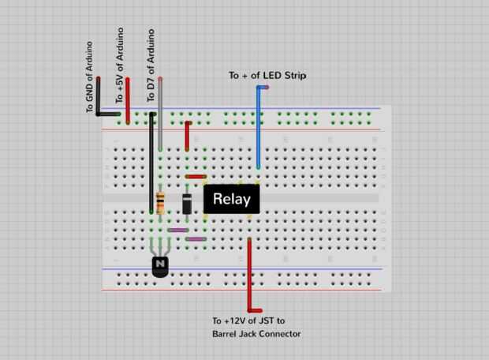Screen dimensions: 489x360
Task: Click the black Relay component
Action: pyautogui.click(x=231, y=199)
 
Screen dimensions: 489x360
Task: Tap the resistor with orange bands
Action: pyautogui.click(x=161, y=203)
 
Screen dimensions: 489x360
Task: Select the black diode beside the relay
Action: pyautogui.click(x=187, y=204)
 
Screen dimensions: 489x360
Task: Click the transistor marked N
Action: pyautogui.click(x=161, y=265)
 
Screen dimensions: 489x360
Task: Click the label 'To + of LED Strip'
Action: pyautogui.click(x=267, y=76)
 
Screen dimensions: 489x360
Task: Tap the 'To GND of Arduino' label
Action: pyautogui.click(x=90, y=77)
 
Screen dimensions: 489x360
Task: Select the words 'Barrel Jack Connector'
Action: pyautogui.click(x=256, y=334)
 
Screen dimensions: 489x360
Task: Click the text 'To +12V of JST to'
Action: pyautogui.click(x=248, y=321)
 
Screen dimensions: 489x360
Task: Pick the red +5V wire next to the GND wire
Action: pyautogui.click(x=128, y=99)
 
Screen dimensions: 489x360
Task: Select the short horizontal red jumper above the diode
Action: pyautogui.click(x=196, y=177)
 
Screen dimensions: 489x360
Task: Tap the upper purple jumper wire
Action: pyautogui.click(x=178, y=230)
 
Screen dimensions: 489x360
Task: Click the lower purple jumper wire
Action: pyautogui.click(x=196, y=238)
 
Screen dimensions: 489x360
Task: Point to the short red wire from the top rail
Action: pyautogui.click(x=187, y=136)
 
